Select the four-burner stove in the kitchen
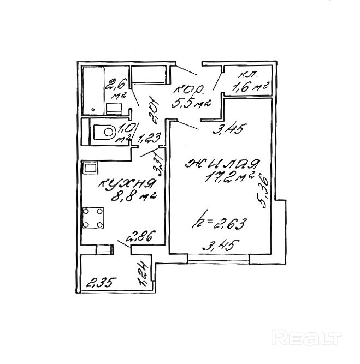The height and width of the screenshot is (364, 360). coord(93,218)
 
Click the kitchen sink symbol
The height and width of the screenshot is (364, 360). coord(89,168)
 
